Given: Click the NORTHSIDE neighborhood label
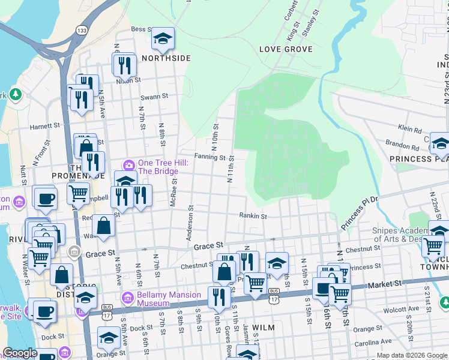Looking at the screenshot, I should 166,58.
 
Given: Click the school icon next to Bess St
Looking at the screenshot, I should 162,39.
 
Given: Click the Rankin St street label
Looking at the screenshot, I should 252,215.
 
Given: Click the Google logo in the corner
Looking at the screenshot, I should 20,353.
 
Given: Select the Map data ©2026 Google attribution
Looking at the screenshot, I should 411,355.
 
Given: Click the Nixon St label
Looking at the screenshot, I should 128,79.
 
